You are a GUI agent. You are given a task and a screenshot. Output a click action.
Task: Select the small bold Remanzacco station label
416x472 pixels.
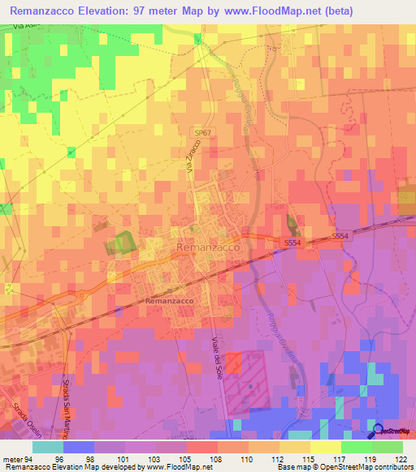point(169,301)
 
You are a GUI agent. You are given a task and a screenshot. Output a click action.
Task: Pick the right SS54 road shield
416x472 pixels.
point(340,236)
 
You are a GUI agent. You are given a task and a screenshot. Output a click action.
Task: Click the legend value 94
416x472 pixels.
point(30,458)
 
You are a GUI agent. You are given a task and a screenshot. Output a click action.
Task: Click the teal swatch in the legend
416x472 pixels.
point(48,447)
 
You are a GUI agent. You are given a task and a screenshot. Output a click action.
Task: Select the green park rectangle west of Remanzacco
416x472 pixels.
point(120,242)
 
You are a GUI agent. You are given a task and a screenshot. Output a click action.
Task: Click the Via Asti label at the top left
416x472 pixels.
point(26,27)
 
